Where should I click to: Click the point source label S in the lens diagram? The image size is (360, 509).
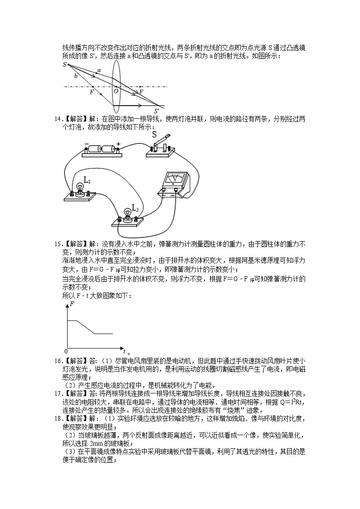(x=65, y=65)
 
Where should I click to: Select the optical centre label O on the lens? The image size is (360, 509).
(x=116, y=91)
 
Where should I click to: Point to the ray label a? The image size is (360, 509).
(x=99, y=70)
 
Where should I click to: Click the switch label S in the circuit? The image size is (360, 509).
(x=154, y=135)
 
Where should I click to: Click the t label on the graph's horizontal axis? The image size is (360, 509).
(x=124, y=351)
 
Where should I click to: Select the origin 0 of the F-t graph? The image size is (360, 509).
(x=66, y=351)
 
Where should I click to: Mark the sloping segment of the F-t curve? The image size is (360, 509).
(x=86, y=327)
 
